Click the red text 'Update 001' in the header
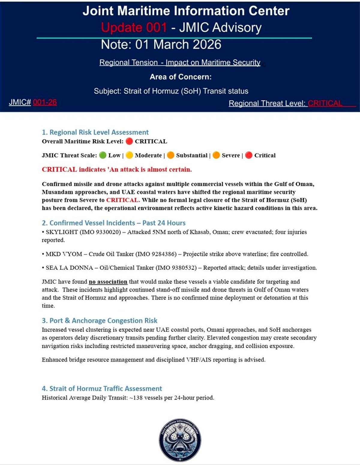click(134, 28)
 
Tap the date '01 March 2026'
click(178, 45)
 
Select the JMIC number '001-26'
click(45, 102)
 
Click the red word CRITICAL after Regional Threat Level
click(325, 103)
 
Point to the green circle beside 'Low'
click(103, 155)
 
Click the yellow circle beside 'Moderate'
click(129, 155)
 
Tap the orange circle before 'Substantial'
click(170, 155)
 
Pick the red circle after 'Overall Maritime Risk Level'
click(129, 141)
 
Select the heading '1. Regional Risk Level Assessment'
click(95, 132)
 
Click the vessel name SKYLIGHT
click(61, 232)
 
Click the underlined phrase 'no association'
click(108, 282)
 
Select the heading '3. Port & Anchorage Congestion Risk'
click(99, 321)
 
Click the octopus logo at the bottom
click(180, 440)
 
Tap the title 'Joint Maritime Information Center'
click(186, 11)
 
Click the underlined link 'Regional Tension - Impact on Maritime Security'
click(180, 63)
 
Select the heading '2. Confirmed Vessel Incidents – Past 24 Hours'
click(113, 223)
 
